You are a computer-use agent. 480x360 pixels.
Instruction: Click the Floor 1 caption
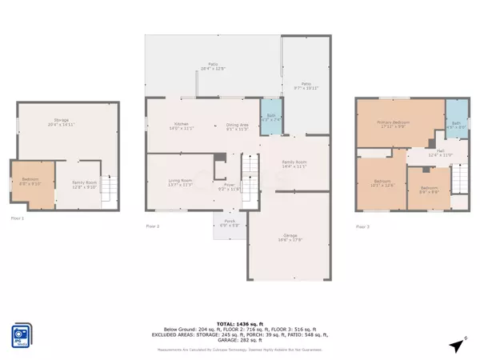[x=18, y=217]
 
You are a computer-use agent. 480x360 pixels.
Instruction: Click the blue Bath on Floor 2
[x=272, y=117]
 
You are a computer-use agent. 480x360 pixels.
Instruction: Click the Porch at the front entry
[x=228, y=225]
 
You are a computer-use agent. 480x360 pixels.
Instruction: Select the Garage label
[x=290, y=236]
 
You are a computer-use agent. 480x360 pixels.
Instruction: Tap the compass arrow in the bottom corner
[x=457, y=346]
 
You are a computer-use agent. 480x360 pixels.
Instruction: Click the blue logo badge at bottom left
[x=22, y=335]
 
